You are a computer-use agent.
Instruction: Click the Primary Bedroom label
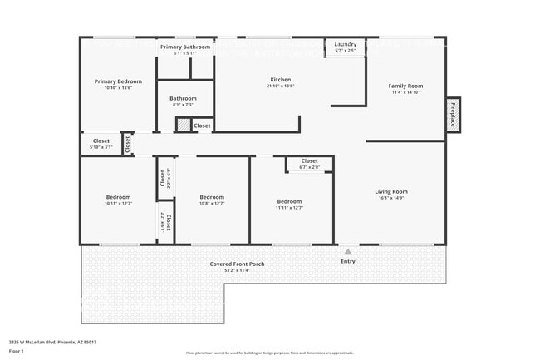coord(118,81)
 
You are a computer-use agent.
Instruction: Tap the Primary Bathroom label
coord(185,47)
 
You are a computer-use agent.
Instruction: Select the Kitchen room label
coord(280,80)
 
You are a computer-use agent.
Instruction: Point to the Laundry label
coord(346,44)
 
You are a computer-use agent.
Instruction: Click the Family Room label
coord(407,86)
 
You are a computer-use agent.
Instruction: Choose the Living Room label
coord(391,192)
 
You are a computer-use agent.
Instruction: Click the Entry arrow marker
coord(347,250)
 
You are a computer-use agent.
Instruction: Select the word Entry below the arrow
coord(347,261)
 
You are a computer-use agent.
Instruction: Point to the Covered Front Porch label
coord(238,264)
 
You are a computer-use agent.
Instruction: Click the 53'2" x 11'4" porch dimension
coord(238,270)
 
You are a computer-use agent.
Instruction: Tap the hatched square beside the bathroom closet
coord(183,125)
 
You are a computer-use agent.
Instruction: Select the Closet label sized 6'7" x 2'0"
coord(309,161)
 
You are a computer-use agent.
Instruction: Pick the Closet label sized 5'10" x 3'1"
coord(101,141)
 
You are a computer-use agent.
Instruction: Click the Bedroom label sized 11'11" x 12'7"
coord(289,202)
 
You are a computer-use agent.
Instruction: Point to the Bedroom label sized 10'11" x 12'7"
coord(118,197)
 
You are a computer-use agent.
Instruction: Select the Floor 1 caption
coord(17,352)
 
